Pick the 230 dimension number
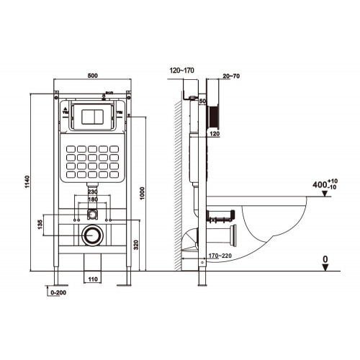(x=92, y=192)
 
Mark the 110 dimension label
(x=92, y=278)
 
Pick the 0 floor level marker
(x=325, y=257)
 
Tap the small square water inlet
(x=92, y=214)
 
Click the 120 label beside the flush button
(x=214, y=134)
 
